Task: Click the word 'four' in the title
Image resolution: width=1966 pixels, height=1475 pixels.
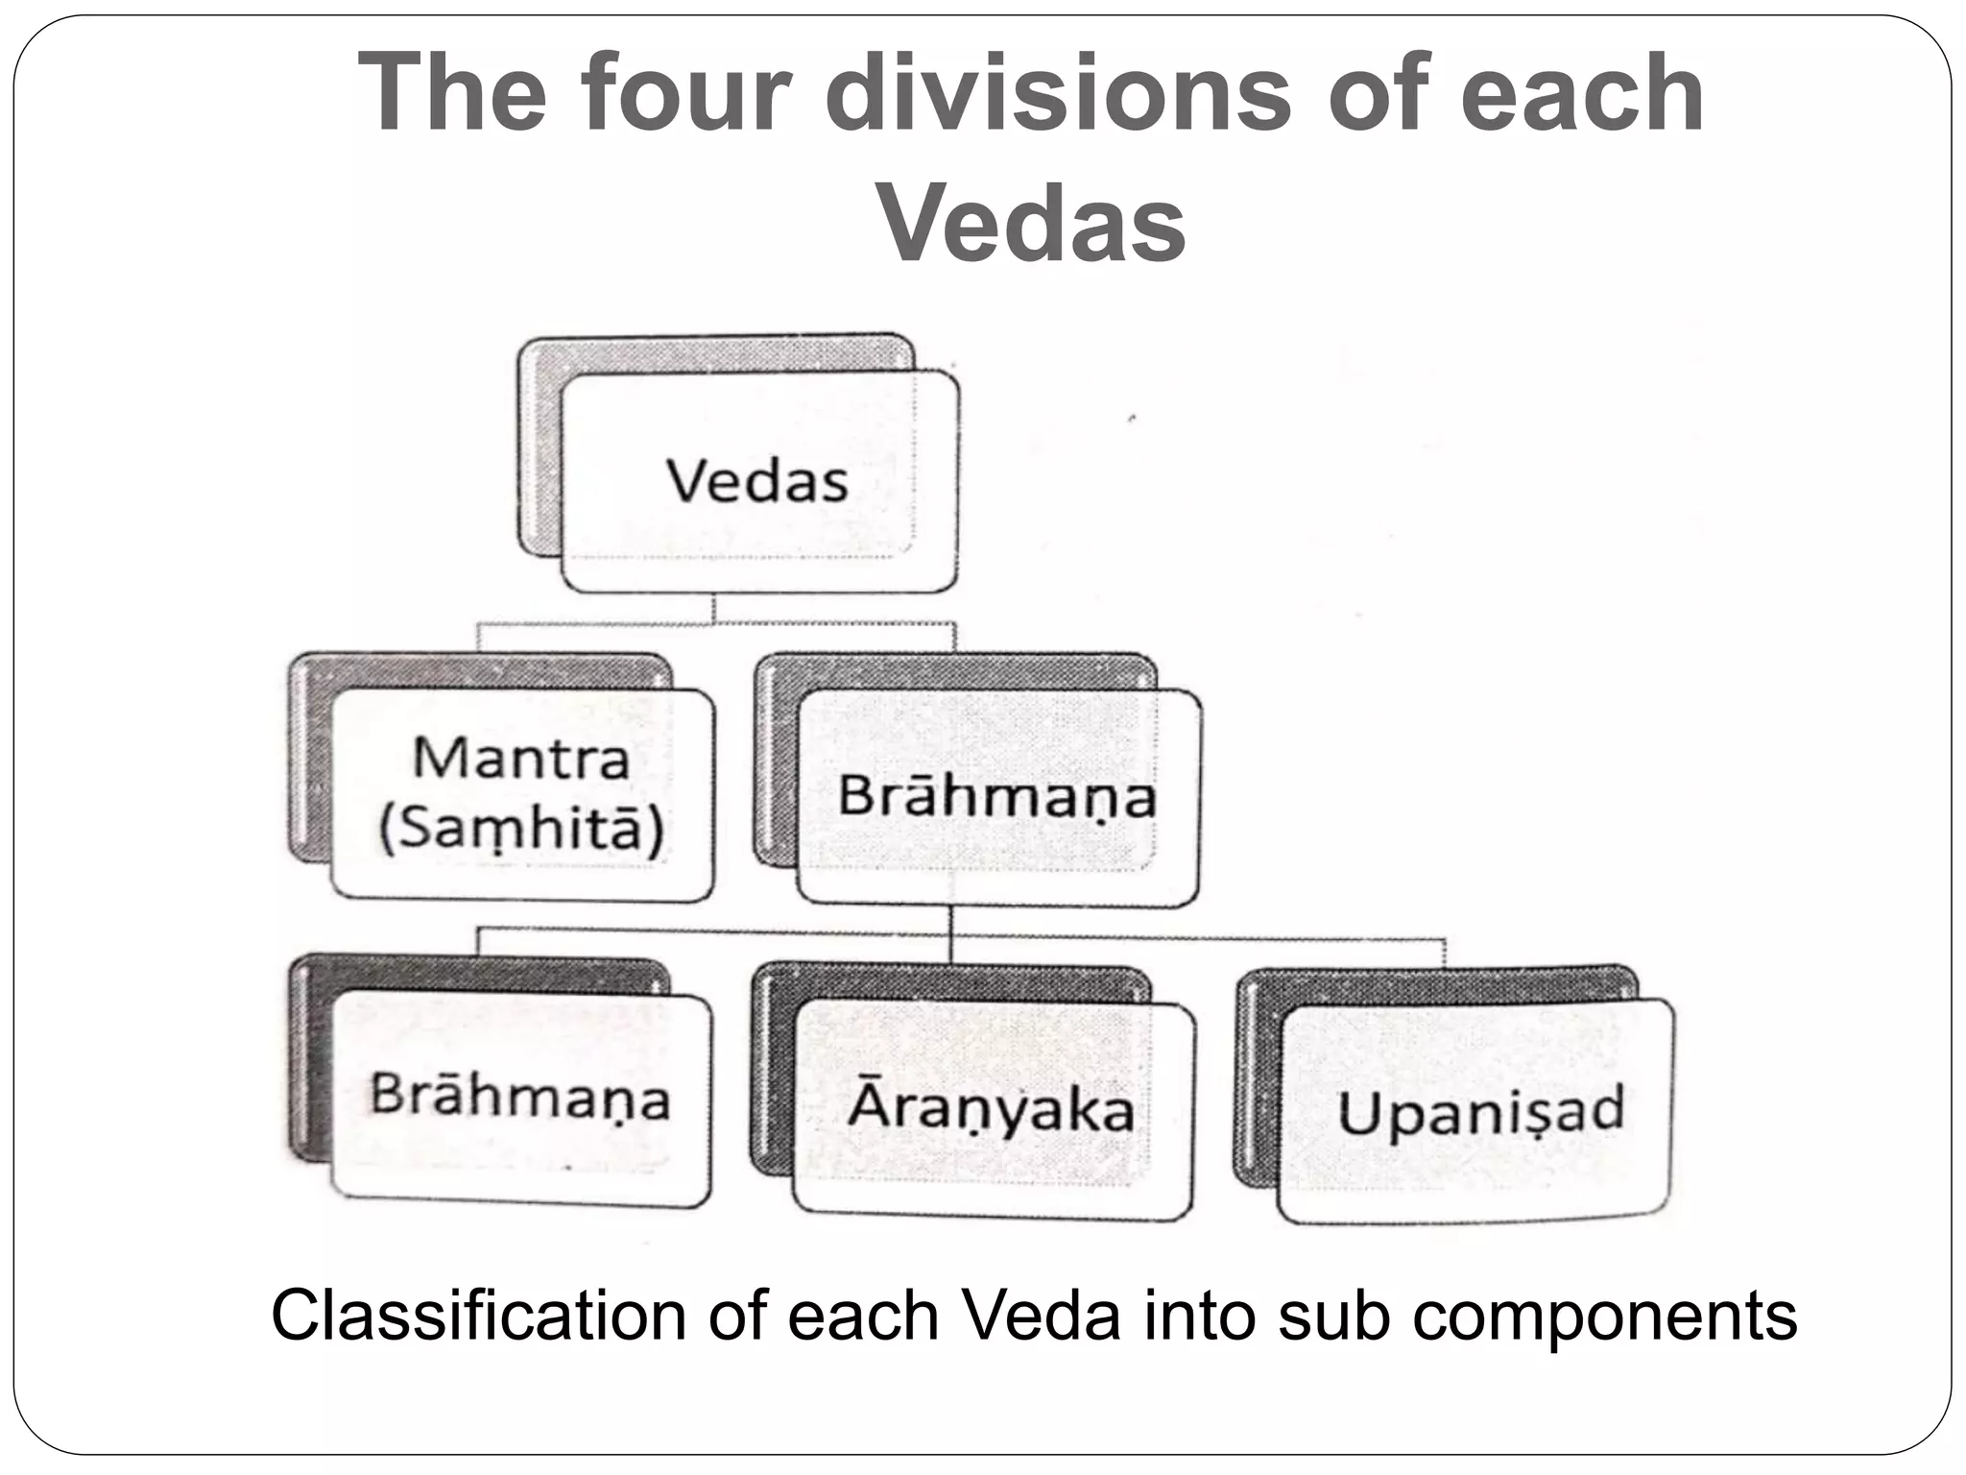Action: click(x=685, y=93)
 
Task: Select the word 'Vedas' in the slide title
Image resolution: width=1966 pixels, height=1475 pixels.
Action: click(x=1033, y=223)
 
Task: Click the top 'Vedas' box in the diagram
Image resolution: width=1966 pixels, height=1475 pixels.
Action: click(x=758, y=481)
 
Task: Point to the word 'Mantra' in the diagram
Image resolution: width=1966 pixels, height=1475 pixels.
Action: click(x=521, y=758)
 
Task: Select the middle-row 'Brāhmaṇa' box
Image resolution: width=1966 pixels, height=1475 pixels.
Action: click(x=997, y=797)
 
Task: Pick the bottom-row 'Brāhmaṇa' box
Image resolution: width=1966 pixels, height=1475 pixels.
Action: click(x=521, y=1098)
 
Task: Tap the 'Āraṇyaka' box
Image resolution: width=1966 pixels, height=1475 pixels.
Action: click(x=992, y=1109)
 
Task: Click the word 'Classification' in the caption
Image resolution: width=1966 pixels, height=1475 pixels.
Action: click(x=478, y=1317)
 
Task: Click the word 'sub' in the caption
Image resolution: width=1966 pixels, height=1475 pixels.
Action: click(x=1334, y=1317)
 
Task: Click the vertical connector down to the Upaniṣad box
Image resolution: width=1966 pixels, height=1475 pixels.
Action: click(x=1444, y=954)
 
